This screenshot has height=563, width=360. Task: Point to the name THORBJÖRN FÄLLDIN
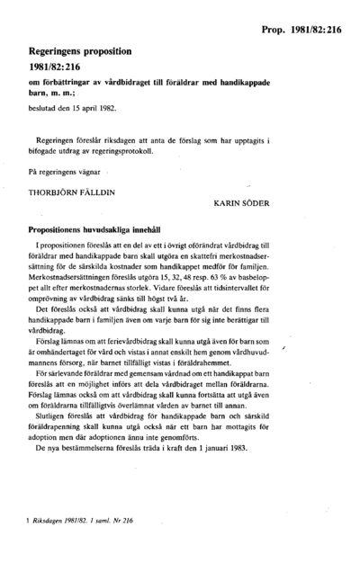tap(69, 189)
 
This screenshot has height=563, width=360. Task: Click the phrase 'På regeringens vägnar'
tap(59, 170)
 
